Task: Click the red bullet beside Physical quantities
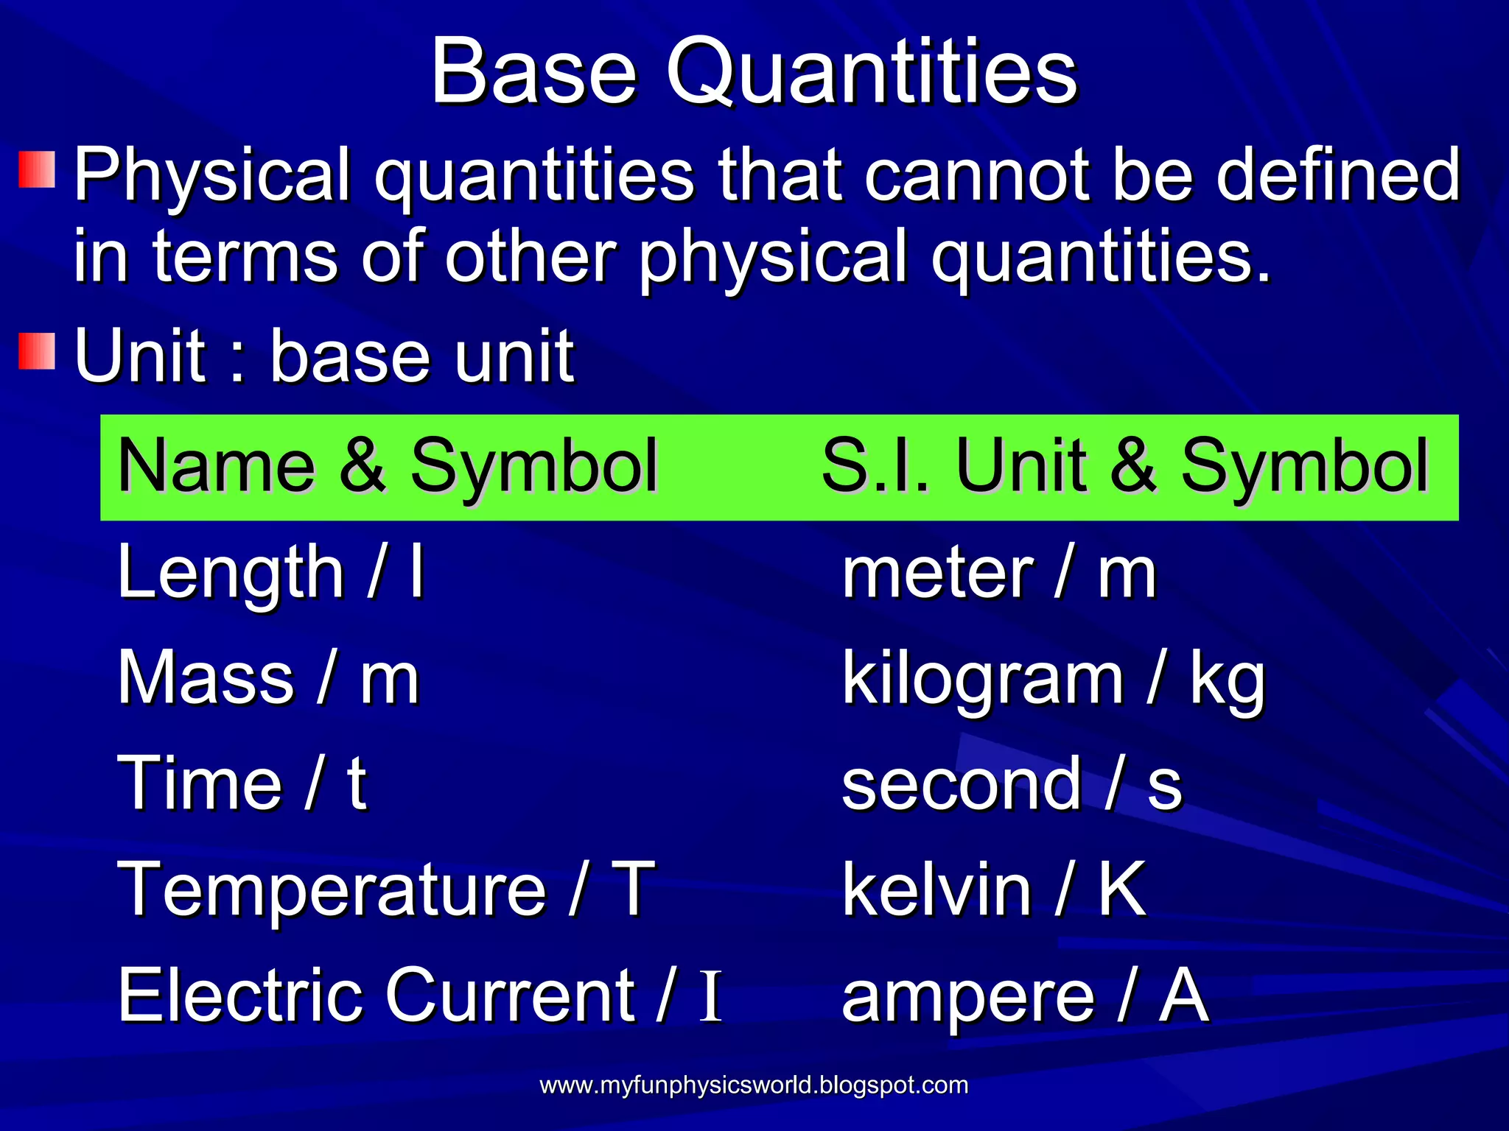pyautogui.click(x=37, y=170)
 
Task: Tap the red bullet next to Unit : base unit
pyautogui.click(x=37, y=350)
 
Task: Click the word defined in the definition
pyautogui.click(x=1337, y=175)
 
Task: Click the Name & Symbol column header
pyautogui.click(x=387, y=467)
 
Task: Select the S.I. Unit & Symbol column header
pyautogui.click(x=1124, y=467)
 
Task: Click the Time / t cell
pyautogui.click(x=242, y=783)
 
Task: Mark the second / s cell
pyautogui.click(x=1011, y=785)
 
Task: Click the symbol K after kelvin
pyautogui.click(x=1121, y=889)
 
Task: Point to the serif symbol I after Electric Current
pyautogui.click(x=710, y=997)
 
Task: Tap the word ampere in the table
pyautogui.click(x=967, y=998)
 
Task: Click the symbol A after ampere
pyautogui.click(x=1183, y=996)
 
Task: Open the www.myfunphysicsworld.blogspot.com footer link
pyautogui.click(x=753, y=1085)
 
